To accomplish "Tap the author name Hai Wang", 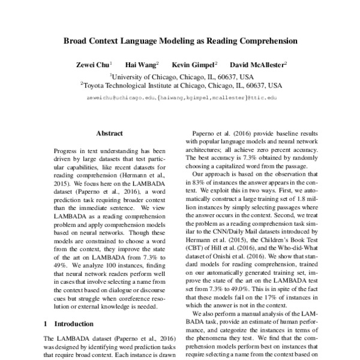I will (x=140, y=64).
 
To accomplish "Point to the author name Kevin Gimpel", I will (x=193, y=64).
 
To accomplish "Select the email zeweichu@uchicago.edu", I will (x=119, y=97).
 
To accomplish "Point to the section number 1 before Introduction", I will (x=46, y=323).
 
